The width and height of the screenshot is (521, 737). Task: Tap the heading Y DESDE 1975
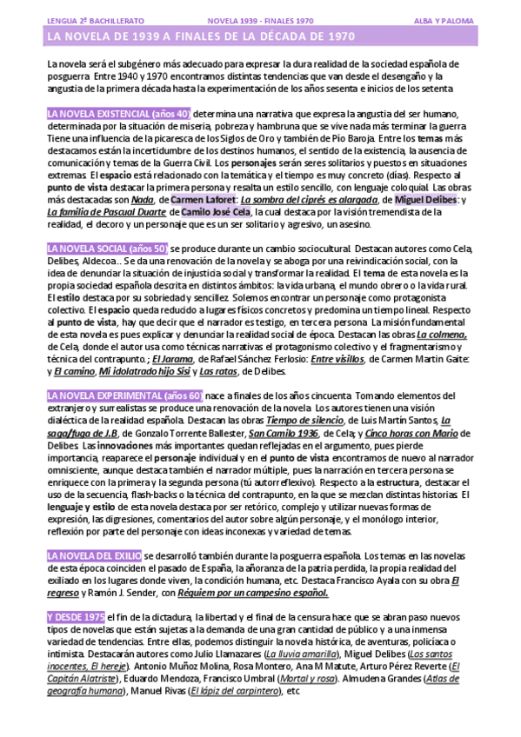[x=75, y=615]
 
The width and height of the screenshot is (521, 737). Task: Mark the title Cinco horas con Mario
[x=423, y=433]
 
